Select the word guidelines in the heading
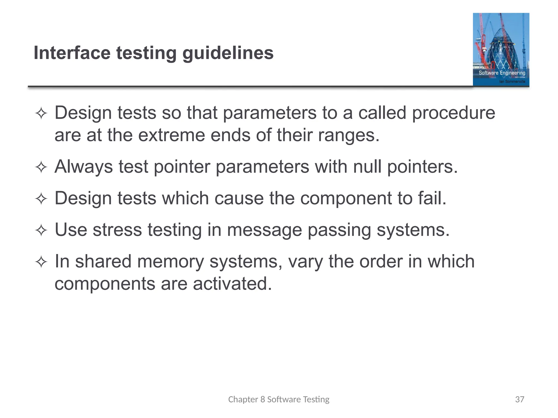coord(228,53)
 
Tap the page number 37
coord(520,399)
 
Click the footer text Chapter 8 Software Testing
coord(279,399)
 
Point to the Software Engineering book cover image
coord(501,50)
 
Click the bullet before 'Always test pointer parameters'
coord(41,167)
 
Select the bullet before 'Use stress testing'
coord(41,230)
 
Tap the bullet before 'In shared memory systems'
coord(41,262)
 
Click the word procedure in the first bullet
coord(453,113)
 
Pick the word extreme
coord(171,135)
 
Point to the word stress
coord(117,230)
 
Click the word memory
coord(170,262)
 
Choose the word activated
coord(232,284)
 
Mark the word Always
coord(84,167)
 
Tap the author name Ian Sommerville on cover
coord(512,82)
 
